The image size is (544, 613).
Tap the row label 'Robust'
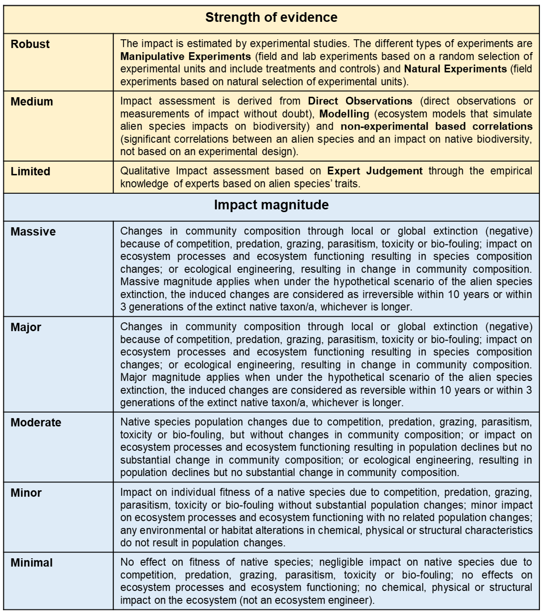click(x=30, y=44)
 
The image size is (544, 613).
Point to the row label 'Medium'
click(x=32, y=102)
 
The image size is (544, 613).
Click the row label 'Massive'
click(x=33, y=232)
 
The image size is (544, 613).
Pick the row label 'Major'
click(x=26, y=327)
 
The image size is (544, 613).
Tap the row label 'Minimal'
click(x=31, y=563)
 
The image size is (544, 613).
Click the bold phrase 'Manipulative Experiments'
click(x=186, y=56)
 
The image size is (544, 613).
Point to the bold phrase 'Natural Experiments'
click(x=455, y=69)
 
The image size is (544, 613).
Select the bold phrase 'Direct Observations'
click(x=360, y=101)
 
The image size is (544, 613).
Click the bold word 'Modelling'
click(x=344, y=114)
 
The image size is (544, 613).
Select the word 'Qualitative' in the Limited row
click(x=145, y=171)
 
